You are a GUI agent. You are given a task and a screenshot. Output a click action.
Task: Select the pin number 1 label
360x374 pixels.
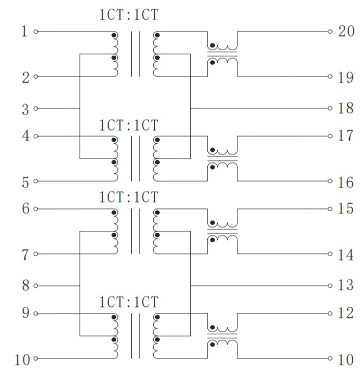[x=24, y=31]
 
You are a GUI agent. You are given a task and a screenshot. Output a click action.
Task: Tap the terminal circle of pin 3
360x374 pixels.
[x=36, y=109]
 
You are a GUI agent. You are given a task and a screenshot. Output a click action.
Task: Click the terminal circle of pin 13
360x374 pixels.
[x=330, y=286]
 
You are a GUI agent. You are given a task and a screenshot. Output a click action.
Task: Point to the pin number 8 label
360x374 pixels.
[x=24, y=286]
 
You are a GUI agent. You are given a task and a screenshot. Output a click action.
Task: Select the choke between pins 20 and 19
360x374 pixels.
[x=222, y=54]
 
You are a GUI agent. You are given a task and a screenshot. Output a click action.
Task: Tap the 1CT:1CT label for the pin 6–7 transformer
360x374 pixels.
[x=128, y=197]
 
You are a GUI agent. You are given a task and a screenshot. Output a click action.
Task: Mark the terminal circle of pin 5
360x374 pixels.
[x=36, y=182]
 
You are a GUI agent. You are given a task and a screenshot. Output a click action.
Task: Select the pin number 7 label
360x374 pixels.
[x=24, y=255]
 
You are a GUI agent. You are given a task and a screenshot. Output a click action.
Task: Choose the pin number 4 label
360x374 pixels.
[x=24, y=137]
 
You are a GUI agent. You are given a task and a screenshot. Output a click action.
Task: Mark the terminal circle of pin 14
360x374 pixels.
[x=330, y=254]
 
